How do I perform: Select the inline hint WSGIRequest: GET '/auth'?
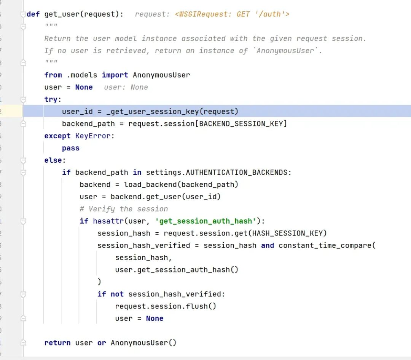point(232,14)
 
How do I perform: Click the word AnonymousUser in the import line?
point(161,75)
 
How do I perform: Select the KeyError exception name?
point(93,136)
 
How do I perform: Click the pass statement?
point(71,148)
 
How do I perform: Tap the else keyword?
point(54,160)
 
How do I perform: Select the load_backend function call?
point(150,185)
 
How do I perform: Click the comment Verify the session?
point(124,209)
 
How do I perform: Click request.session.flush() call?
point(166,306)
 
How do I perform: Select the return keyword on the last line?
point(57,343)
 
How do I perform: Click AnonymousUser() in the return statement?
point(143,343)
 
